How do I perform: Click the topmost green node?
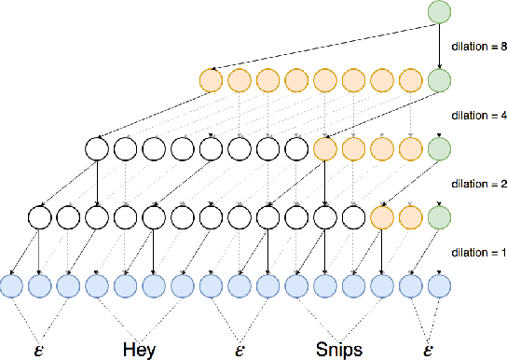pyautogui.click(x=439, y=13)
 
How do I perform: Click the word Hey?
pyautogui.click(x=139, y=350)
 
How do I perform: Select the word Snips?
pyautogui.click(x=339, y=350)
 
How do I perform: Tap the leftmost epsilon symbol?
pyautogui.click(x=36, y=351)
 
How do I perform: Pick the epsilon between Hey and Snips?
pyautogui.click(x=240, y=351)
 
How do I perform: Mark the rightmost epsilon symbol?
pyautogui.click(x=427, y=351)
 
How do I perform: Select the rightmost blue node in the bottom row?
pyautogui.click(x=439, y=285)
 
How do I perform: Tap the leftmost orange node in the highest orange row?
pyautogui.click(x=211, y=80)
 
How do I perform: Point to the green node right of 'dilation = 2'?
pyautogui.click(x=439, y=216)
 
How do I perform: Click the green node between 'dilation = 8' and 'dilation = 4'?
pyautogui.click(x=439, y=80)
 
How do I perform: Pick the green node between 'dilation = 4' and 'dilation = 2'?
pyautogui.click(x=439, y=148)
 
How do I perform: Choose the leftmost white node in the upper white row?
pyautogui.click(x=96, y=148)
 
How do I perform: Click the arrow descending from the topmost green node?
pyautogui.click(x=439, y=47)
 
